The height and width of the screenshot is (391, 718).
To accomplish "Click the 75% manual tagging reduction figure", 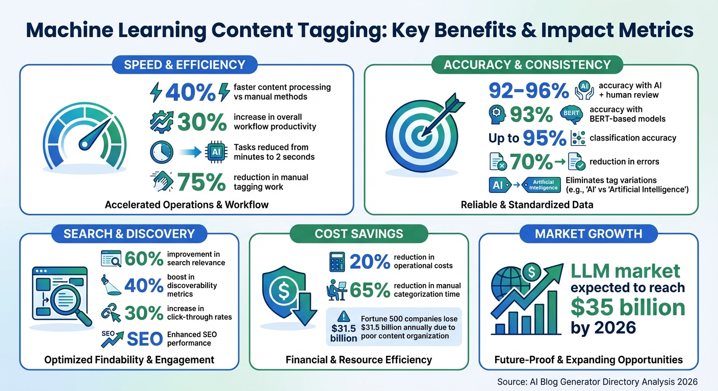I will point(201,182).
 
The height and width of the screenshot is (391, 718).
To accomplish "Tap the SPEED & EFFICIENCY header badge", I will point(185,65).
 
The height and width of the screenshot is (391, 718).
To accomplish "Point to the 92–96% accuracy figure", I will point(529,91).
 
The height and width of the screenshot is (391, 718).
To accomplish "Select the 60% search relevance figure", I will point(143,259).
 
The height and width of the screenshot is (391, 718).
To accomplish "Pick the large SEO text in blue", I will point(144,338).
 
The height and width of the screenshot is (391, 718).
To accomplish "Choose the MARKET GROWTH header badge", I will point(588,234).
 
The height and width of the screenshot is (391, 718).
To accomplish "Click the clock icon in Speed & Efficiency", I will point(162,152).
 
